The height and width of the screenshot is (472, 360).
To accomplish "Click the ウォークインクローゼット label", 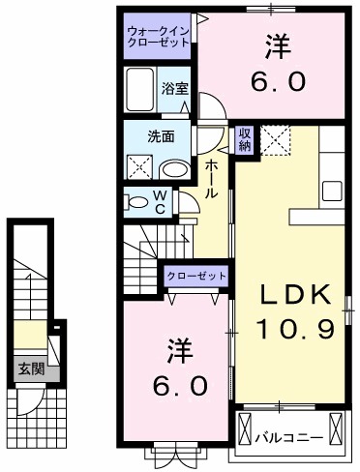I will (x=160, y=42).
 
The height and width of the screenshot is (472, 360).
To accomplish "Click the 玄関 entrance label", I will (x=26, y=369).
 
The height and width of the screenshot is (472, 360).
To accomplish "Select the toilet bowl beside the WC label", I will (x=134, y=203).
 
